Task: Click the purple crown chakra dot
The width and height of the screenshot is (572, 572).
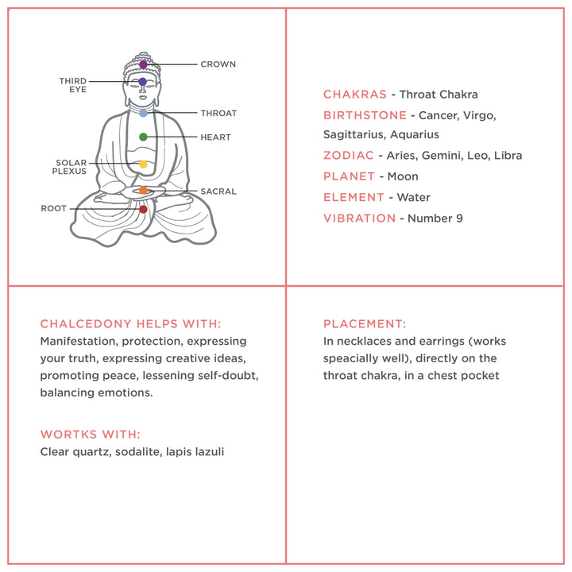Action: click(143, 64)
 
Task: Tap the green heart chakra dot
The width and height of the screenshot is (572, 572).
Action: click(143, 137)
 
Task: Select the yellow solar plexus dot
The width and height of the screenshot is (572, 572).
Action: click(143, 164)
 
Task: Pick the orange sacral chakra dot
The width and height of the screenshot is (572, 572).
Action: click(143, 191)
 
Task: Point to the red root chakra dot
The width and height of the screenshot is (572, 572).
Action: click(143, 210)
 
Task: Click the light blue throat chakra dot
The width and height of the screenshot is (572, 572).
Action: click(143, 114)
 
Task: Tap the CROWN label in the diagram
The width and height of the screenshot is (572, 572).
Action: click(218, 64)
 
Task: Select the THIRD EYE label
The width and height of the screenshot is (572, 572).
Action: click(72, 85)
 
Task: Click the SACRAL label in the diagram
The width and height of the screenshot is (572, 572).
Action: click(218, 191)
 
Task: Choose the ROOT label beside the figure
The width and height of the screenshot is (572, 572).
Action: click(54, 209)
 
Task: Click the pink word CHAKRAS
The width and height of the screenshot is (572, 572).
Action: click(354, 95)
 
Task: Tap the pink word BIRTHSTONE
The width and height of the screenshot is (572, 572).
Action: click(365, 115)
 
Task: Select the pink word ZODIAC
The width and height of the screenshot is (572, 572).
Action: click(348, 156)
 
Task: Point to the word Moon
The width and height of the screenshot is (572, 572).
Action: click(402, 176)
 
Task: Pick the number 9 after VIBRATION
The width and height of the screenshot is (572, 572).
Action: click(458, 218)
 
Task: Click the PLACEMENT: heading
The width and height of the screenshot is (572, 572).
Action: click(365, 324)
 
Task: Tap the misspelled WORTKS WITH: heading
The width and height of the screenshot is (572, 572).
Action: click(90, 435)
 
